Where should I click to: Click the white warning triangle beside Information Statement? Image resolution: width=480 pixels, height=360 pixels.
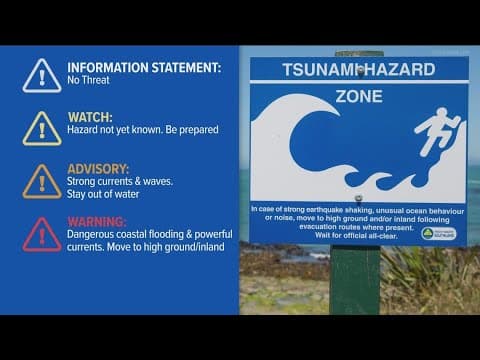click(x=42, y=75)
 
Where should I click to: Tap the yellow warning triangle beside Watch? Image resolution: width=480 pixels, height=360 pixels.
click(x=42, y=127)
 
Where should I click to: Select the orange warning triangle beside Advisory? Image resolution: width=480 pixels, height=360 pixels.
click(x=42, y=180)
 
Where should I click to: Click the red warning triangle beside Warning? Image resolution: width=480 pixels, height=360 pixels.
click(x=42, y=233)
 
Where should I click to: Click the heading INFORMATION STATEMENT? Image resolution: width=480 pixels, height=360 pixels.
click(x=143, y=68)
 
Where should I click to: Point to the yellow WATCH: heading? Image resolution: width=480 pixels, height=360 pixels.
click(x=89, y=117)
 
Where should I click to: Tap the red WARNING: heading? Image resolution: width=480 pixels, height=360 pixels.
click(x=97, y=221)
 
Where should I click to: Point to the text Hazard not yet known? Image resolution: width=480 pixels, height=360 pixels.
click(x=112, y=130)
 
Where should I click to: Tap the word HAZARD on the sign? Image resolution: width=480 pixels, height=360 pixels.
click(x=400, y=69)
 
